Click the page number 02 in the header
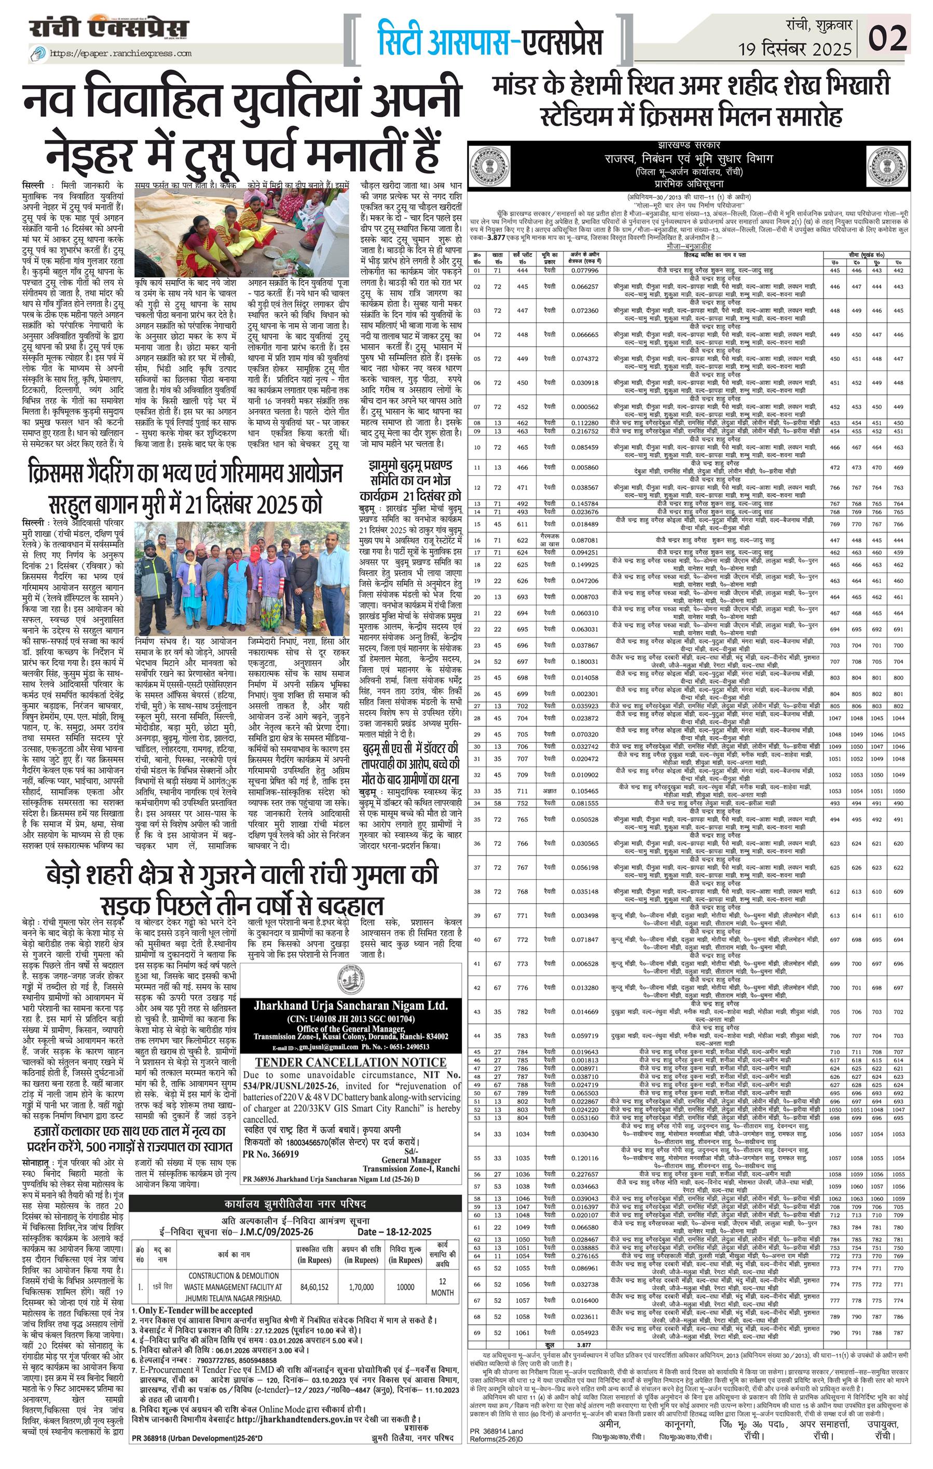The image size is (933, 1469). point(887,39)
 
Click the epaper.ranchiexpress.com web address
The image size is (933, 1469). point(120,53)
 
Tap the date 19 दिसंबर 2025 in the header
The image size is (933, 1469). point(794,49)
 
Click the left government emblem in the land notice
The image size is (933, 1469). point(489,167)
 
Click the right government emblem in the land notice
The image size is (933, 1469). point(887,167)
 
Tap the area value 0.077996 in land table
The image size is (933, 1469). point(585,270)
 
